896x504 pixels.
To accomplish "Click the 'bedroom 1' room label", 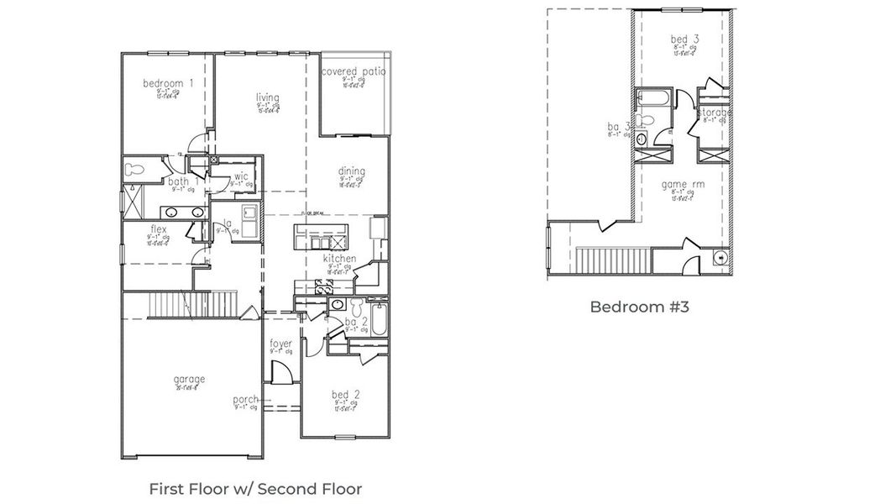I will point(169,83).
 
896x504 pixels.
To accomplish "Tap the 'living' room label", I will point(267,97).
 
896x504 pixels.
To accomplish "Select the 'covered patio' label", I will point(354,72).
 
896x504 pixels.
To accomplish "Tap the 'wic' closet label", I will point(241,176).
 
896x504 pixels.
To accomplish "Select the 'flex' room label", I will point(158,228).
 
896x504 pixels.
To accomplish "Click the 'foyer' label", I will point(280,344).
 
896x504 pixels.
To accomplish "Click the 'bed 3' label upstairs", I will point(684,39).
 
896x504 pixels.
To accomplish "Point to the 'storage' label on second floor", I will point(714,113).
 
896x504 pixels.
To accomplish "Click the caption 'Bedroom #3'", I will point(639,307).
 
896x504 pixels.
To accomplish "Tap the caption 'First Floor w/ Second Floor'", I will point(255,488).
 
